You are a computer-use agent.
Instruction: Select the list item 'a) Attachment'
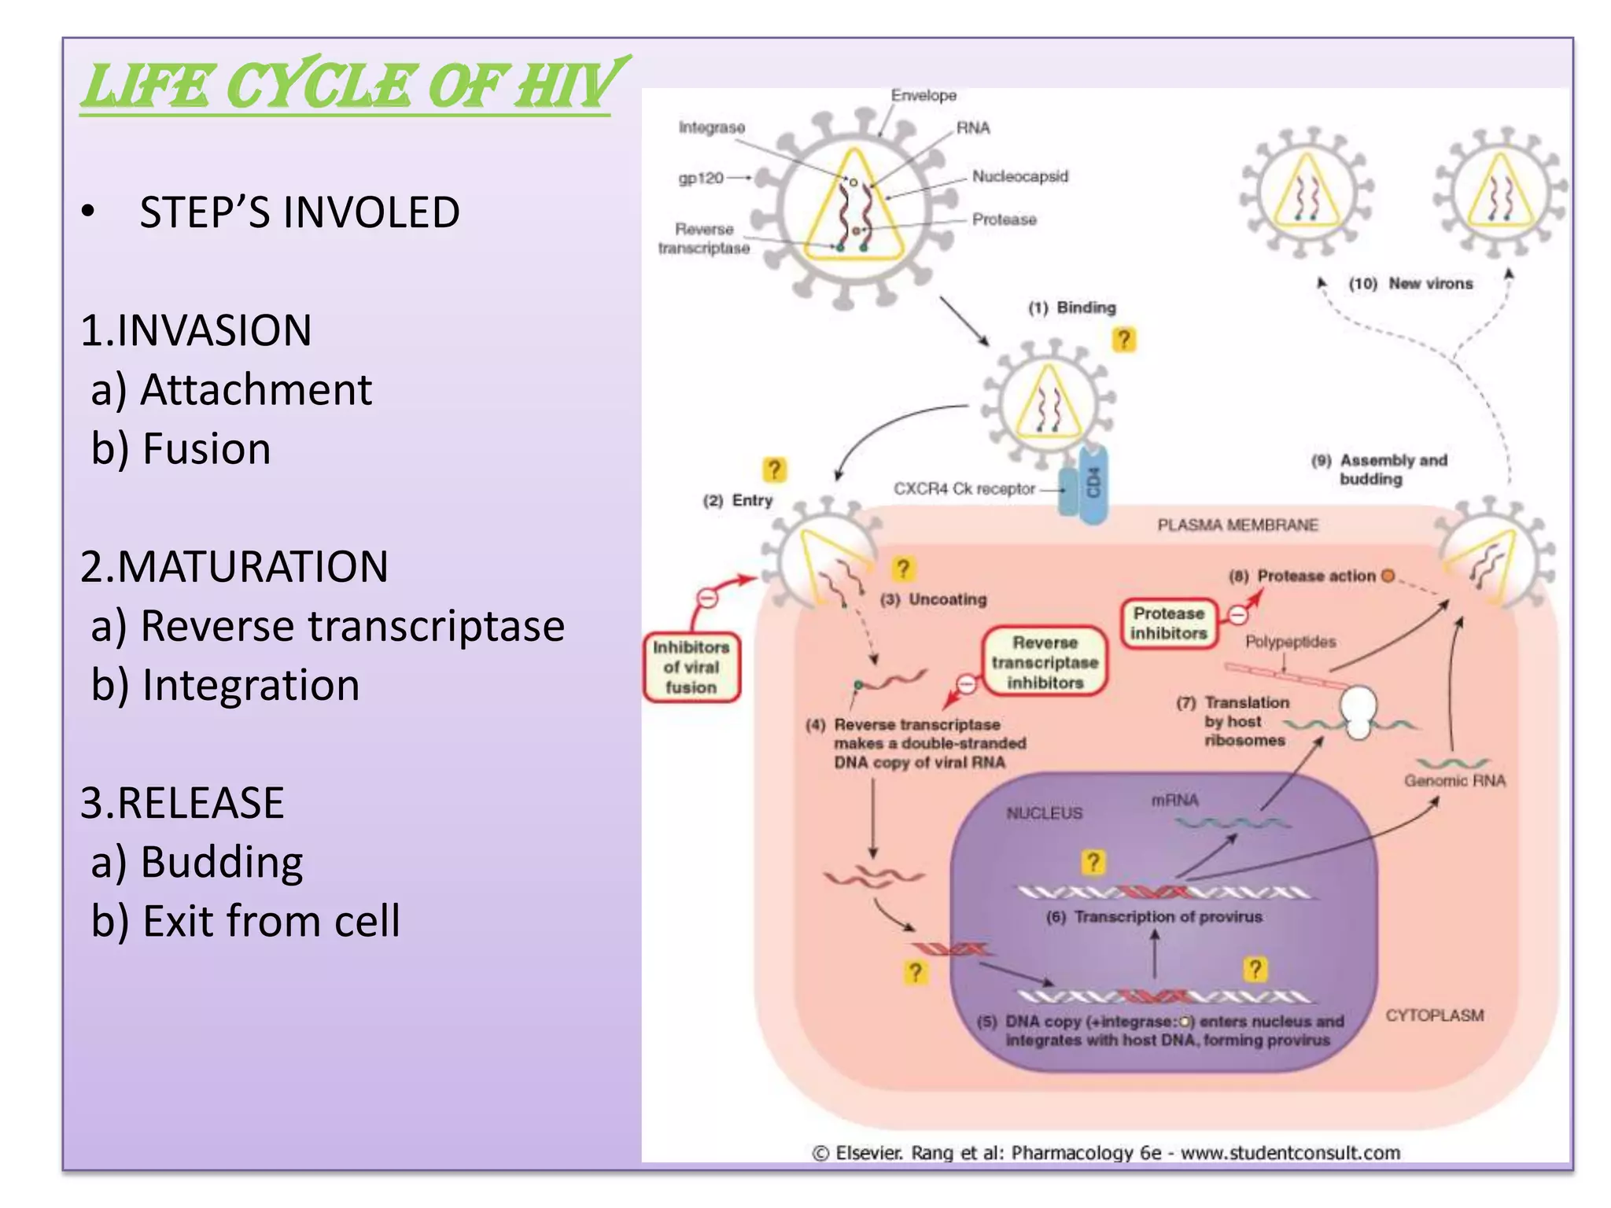230,389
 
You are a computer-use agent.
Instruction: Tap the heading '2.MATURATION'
234,566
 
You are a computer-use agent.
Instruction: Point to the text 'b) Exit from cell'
245,920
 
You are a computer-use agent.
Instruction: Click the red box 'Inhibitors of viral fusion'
691,667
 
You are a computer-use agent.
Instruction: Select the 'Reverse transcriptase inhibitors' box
1044,662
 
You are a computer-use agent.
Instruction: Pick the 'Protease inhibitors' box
1168,623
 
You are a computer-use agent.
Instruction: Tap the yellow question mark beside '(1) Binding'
1123,340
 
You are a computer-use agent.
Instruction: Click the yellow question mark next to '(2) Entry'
774,470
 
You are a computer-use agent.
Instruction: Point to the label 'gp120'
700,178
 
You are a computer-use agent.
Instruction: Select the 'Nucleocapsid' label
1019,176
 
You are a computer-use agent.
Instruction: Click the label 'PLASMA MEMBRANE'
1237,525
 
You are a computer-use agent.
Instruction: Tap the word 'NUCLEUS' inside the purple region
1044,812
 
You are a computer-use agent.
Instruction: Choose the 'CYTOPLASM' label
1434,1015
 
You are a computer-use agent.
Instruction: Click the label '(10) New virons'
1410,283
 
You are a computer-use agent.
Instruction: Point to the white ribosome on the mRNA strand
1358,710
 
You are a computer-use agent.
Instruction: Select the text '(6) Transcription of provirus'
1154,917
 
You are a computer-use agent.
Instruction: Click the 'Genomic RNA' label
1454,780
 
